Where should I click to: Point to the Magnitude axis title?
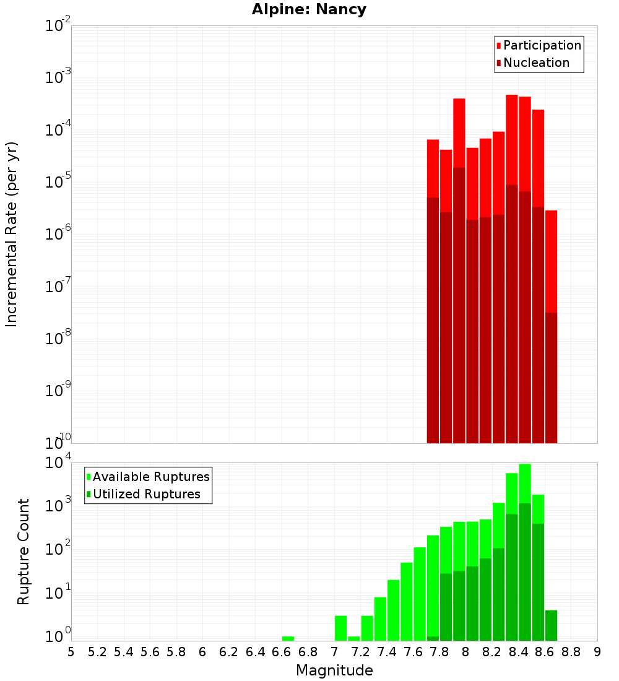click(334, 670)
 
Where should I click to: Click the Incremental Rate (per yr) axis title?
click(12, 234)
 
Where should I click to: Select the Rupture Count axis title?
click(24, 552)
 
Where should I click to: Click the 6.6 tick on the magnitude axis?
click(282, 651)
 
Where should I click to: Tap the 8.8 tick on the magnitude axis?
click(571, 651)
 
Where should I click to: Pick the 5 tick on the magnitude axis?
click(71, 651)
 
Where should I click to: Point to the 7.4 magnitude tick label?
click(387, 651)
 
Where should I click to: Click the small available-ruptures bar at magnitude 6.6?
click(288, 638)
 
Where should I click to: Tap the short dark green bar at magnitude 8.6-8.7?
click(551, 625)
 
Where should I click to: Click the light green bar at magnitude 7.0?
click(340, 628)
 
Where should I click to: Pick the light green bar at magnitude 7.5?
click(407, 601)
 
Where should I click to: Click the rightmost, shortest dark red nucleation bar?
click(551, 378)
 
